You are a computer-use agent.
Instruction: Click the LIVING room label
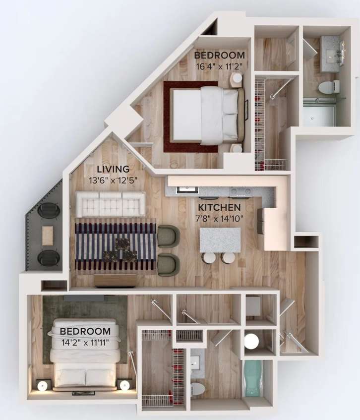coord(113,169)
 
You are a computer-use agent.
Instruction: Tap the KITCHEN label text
coord(219,207)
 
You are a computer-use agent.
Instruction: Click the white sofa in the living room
coord(110,204)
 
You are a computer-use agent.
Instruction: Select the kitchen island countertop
coord(220,240)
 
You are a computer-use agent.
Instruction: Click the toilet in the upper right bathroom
coord(328,88)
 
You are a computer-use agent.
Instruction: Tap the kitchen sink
coord(187,189)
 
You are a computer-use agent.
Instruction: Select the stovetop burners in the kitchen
coord(238,190)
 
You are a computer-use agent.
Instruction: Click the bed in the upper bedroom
coord(205,115)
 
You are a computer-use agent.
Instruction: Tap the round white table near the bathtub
coord(251,341)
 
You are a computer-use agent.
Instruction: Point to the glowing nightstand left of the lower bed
coord(43,385)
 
